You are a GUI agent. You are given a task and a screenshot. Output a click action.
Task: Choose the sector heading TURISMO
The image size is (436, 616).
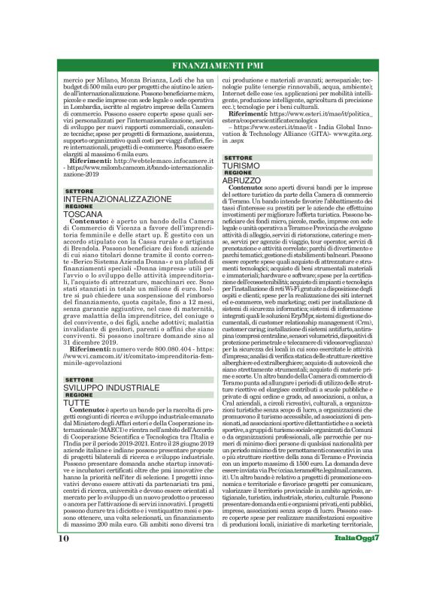pyautogui.click(x=241, y=165)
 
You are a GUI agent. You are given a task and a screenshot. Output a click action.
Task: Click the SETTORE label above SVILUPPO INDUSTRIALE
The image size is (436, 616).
pyautogui.click(x=80, y=380)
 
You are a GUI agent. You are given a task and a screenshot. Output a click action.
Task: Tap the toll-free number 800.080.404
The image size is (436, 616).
pyautogui.click(x=156, y=349)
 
